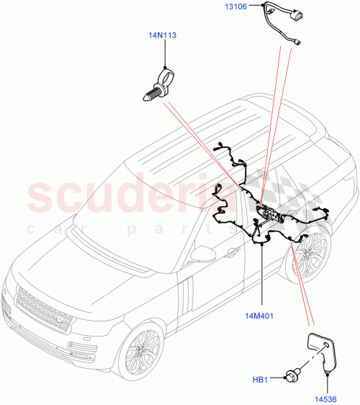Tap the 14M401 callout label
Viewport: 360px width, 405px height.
point(262,315)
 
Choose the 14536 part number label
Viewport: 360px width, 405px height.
point(325,396)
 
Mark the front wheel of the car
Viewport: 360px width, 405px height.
point(139,351)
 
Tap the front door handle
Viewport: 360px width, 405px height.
point(232,252)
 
